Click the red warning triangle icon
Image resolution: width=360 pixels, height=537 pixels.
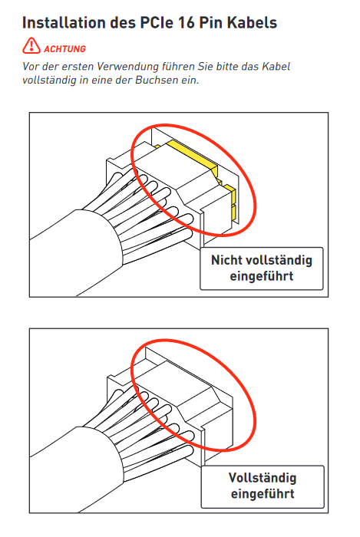[31, 46]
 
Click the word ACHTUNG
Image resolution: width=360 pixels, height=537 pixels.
[64, 49]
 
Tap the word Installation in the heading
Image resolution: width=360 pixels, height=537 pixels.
[64, 22]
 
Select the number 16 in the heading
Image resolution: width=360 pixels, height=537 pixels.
[187, 22]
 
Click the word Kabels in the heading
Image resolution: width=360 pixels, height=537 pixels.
[252, 22]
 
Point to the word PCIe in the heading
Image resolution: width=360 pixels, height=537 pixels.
[157, 22]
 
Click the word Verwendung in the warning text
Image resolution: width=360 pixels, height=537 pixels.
[128, 66]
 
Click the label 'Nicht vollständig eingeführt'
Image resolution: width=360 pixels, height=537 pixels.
[261, 268]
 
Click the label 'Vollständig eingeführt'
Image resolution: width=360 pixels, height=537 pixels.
[263, 486]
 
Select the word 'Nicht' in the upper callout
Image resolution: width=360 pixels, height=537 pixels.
[226, 260]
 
